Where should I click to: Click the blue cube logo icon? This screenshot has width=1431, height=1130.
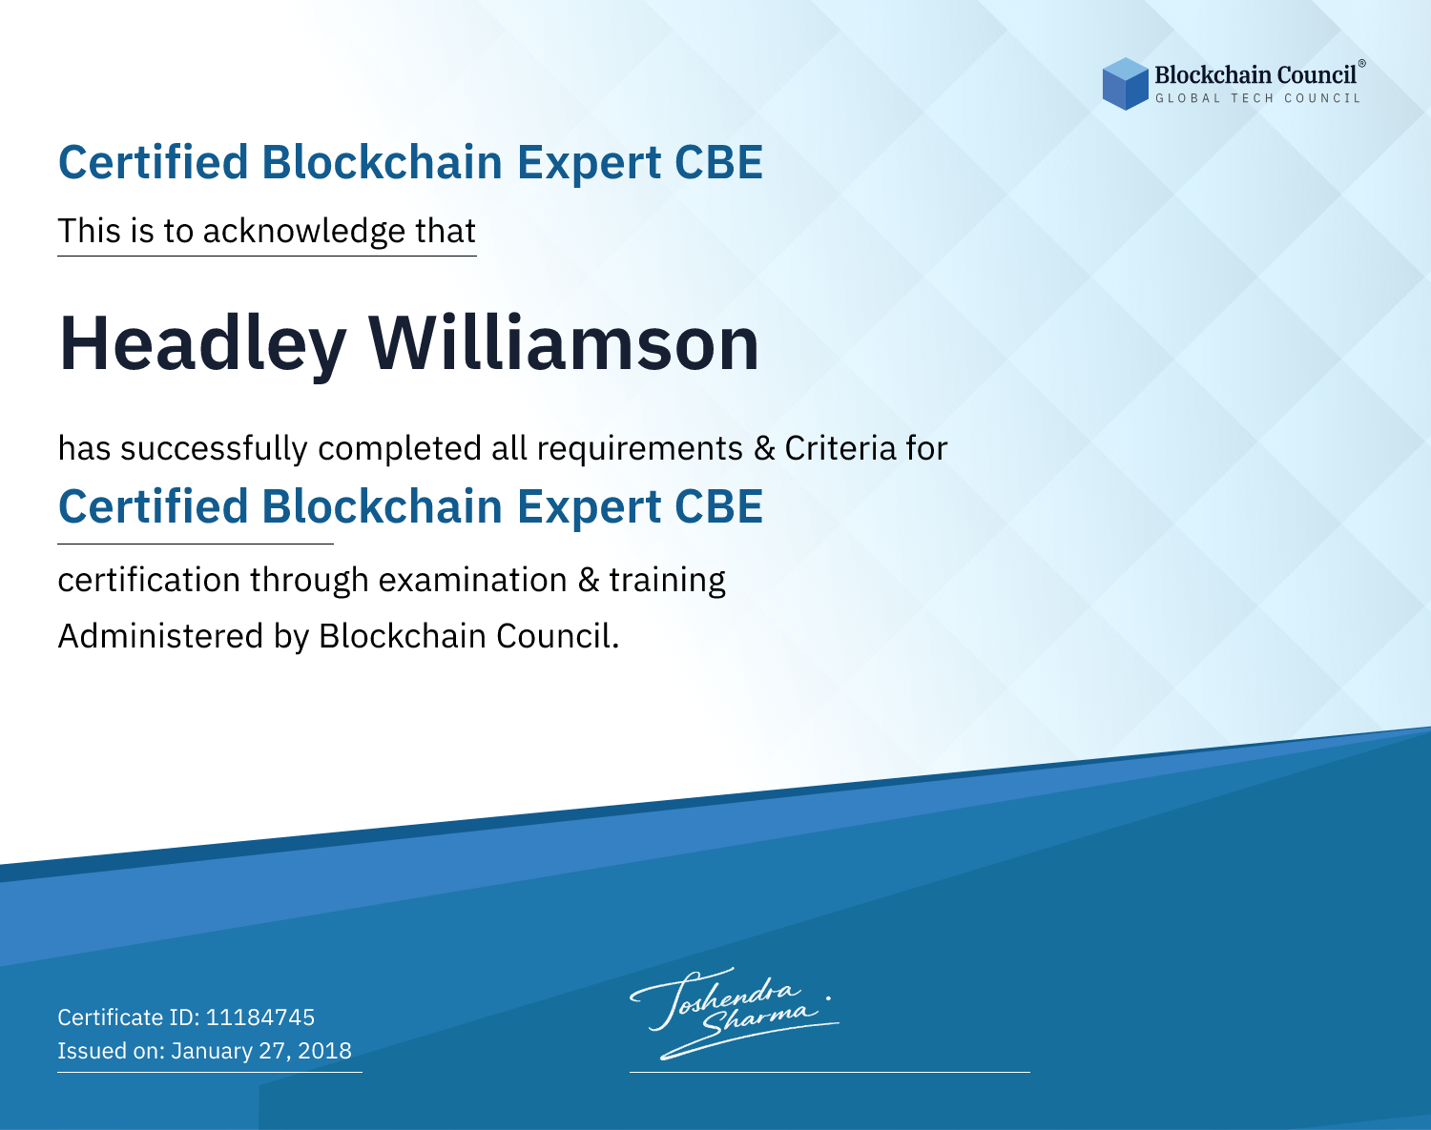pos(1125,84)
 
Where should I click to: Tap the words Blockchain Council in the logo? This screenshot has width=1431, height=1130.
pos(1255,75)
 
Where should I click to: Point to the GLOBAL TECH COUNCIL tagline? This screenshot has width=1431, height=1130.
pos(1257,98)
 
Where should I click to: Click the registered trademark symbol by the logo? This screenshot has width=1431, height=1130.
pos(1362,64)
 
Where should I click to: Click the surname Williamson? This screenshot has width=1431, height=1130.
pos(564,342)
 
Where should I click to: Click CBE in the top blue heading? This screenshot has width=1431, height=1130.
pos(718,162)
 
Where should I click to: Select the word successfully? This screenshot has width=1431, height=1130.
pos(214,449)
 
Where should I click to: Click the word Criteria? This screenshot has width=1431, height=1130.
pos(840,448)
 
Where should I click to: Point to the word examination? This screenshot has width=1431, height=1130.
pos(473,580)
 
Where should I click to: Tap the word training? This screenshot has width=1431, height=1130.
pos(667,581)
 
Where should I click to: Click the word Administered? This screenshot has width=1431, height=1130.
pos(161,636)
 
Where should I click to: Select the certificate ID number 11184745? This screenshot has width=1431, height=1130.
pos(260,1017)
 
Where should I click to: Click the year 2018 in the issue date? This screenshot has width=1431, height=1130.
pos(324,1050)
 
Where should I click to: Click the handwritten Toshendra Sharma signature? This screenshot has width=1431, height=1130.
pos(735,1013)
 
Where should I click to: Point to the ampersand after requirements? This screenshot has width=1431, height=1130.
pos(765,448)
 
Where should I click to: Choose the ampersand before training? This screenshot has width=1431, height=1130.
pos(589,580)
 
